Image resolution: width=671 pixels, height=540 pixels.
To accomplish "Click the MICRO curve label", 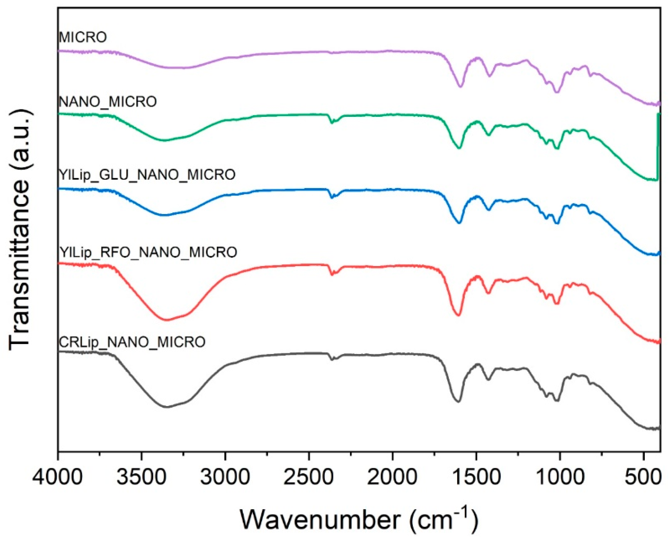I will pos(83,37).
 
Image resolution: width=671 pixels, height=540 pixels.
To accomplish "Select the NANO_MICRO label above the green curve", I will pos(107,102).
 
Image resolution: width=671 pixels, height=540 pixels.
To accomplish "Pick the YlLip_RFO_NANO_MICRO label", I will pos(148,252).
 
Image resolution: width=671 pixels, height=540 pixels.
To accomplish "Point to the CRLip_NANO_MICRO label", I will pos(132,342).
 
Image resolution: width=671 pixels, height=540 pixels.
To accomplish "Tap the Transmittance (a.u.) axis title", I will pos(19,231).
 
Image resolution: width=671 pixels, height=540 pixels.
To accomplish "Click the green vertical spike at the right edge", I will pos(657,146).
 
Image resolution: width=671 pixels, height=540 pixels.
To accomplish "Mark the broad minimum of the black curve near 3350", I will pos(168,407).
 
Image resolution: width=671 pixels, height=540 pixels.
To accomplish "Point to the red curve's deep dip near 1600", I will pos(458,315).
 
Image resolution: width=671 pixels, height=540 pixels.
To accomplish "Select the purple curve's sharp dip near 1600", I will pos(460,87).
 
